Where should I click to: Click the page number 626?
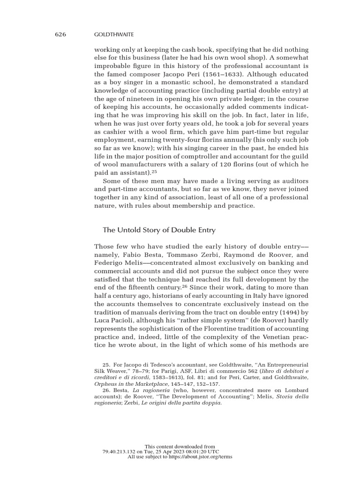pos(60,34)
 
